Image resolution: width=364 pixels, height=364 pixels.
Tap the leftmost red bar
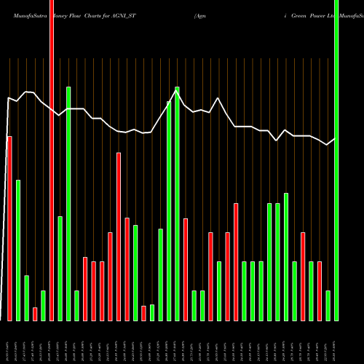9,228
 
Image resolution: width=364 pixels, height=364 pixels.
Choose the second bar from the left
18,250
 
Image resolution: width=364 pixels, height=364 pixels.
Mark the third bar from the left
26,298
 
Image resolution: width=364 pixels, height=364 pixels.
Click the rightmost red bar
319,290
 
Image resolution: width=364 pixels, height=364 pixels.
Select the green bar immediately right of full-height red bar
60,268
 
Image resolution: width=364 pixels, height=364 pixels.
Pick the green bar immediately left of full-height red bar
43,305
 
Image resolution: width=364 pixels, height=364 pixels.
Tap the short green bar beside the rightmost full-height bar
328,305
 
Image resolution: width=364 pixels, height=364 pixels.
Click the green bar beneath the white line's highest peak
177,204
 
